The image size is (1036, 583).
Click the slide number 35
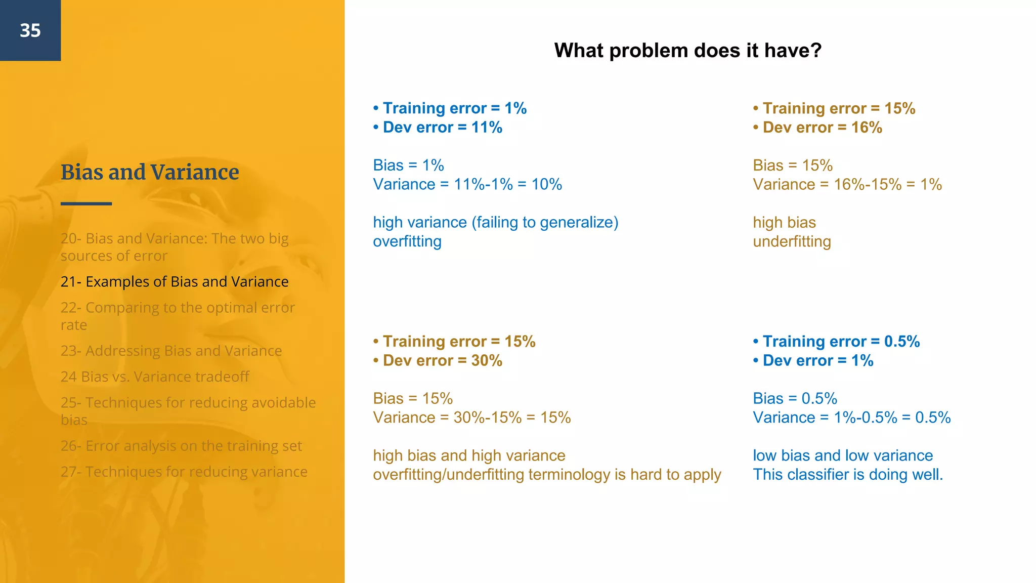coord(30,30)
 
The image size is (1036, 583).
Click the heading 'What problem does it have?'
coord(687,51)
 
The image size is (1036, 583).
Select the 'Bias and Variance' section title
coord(150,172)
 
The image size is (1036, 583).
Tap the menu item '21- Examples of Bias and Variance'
coord(175,282)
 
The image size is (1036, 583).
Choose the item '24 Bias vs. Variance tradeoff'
coord(155,377)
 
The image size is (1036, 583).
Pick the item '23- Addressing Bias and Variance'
coord(171,351)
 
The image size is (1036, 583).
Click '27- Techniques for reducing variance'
coord(184,472)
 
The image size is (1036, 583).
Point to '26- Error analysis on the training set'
coord(181,446)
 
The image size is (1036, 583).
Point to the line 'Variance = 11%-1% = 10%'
coord(467,185)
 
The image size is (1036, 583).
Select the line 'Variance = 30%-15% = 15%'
coord(471,418)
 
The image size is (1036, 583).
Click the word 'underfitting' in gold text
coord(792,242)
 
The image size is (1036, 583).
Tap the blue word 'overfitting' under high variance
coord(407,242)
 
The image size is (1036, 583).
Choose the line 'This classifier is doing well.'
coord(848,475)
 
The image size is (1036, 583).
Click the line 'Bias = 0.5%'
coord(795,399)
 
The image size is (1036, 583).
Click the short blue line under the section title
coord(86,204)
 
